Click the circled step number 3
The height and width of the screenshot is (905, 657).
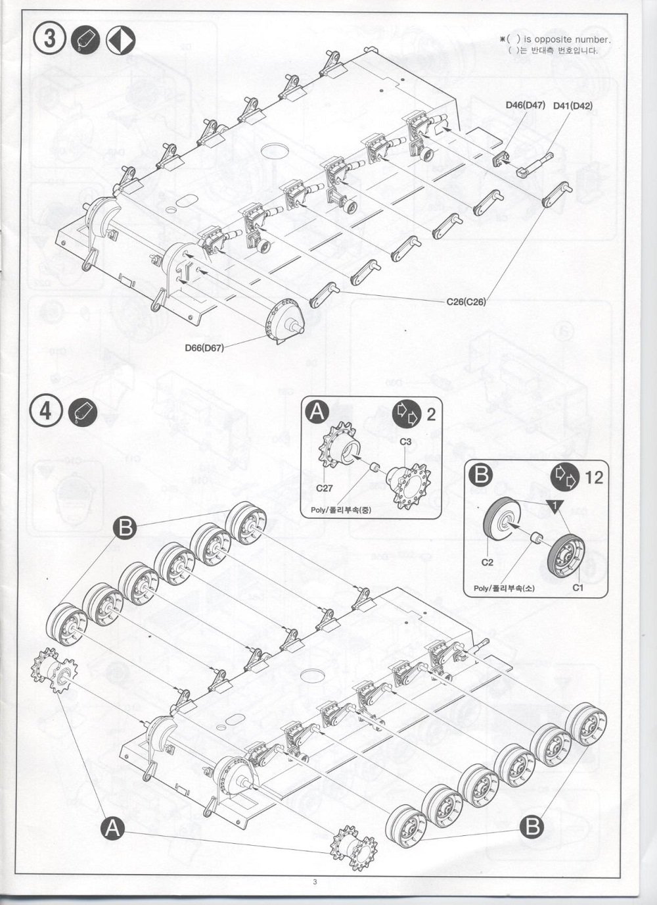(x=49, y=39)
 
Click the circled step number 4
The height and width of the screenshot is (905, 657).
(x=46, y=411)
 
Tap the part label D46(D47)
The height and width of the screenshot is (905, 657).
(x=526, y=105)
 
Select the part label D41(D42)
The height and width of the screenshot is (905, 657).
(x=573, y=106)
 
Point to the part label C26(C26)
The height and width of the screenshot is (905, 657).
(x=466, y=301)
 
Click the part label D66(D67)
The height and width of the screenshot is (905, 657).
(x=204, y=347)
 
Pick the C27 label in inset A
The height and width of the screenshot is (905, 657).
(x=325, y=488)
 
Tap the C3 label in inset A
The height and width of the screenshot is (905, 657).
(x=405, y=441)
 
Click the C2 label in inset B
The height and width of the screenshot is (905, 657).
(x=487, y=562)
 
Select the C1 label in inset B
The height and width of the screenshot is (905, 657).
(x=578, y=588)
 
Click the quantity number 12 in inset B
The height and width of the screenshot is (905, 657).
(x=594, y=477)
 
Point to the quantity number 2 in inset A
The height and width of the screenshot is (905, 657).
(x=431, y=414)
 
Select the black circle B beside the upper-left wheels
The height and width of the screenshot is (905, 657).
(x=125, y=527)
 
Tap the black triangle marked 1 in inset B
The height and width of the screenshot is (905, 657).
(x=555, y=506)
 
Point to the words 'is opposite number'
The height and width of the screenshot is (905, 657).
(x=566, y=39)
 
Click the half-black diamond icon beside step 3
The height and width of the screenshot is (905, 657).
(x=121, y=39)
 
